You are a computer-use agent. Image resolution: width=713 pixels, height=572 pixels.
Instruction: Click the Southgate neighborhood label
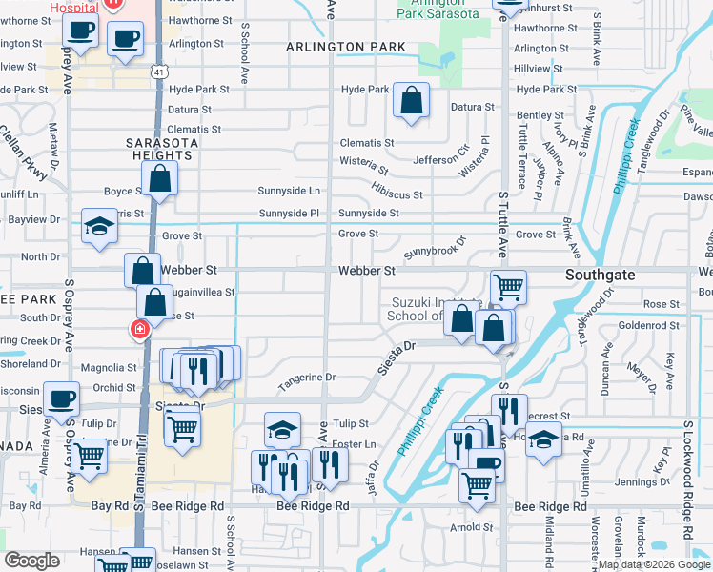(x=605, y=273)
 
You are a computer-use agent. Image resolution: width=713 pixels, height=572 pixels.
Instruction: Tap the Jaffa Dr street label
(x=372, y=478)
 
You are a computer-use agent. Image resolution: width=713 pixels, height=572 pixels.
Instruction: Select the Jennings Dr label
(x=667, y=482)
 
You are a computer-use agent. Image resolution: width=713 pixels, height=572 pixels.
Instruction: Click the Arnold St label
(x=472, y=527)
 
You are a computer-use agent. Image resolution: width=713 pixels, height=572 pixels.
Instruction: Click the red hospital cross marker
(x=139, y=330)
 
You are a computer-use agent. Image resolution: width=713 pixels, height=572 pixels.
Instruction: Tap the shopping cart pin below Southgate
(x=508, y=285)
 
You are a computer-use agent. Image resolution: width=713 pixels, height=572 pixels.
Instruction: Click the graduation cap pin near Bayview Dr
(x=98, y=226)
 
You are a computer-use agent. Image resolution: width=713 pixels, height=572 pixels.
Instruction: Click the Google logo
(x=31, y=561)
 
